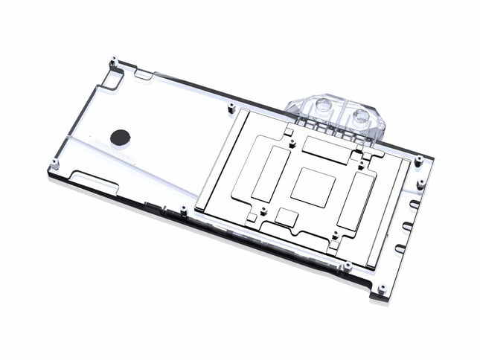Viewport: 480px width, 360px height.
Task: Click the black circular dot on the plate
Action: pos(119,136)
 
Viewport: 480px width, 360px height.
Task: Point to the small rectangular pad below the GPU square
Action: pos(287,216)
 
